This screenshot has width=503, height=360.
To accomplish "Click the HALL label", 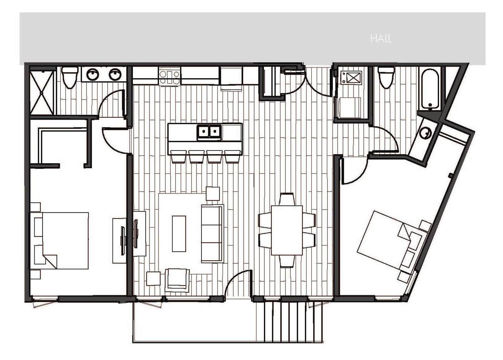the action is coord(381,39).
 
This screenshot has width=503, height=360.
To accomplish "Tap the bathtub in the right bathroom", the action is coord(430,89).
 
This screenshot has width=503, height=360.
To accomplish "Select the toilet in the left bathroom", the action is coord(70,77).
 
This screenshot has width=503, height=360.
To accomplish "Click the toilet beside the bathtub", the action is coord(386,77).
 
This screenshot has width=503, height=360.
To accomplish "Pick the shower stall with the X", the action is coord(41,93).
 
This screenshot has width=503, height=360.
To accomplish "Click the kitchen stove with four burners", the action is coord(169,76).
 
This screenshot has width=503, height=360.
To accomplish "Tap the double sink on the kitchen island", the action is coord(209,132).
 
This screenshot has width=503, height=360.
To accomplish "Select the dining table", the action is coord(287,230).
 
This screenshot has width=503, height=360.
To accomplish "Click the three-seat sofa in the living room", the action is coord(212,234).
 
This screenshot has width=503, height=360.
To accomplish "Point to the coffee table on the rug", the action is coord(179,234).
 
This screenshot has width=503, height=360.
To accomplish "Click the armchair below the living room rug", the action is coord(177,280).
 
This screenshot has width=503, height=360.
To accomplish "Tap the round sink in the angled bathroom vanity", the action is coord(425,133).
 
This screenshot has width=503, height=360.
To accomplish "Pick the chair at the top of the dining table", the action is coord(287,199).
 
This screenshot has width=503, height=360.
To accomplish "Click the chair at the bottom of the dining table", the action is coord(287,261).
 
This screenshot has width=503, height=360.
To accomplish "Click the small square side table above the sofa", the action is coord(213,194).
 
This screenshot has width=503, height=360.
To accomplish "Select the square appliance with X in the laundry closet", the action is coord(352,78).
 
